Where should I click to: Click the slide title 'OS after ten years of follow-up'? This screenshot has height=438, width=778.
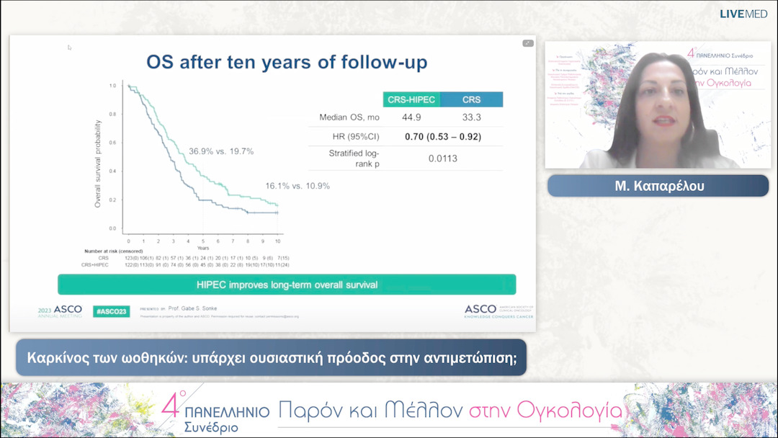click(287, 62)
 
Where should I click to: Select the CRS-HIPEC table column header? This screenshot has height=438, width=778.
click(411, 99)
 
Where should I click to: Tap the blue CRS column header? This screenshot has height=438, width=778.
click(471, 99)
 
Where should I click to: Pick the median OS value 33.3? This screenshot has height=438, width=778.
click(471, 117)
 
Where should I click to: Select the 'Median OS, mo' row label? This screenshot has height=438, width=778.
click(349, 117)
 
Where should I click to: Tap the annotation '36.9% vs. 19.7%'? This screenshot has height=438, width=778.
click(221, 151)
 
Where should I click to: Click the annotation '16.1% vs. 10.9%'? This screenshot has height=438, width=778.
click(298, 186)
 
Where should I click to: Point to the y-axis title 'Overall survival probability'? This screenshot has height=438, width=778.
click(98, 164)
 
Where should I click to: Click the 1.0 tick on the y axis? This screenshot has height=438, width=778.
click(112, 86)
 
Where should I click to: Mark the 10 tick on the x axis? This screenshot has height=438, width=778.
click(277, 240)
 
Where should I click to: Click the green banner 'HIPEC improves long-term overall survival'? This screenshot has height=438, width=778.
click(287, 285)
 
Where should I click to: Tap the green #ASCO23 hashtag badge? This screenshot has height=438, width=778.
click(111, 311)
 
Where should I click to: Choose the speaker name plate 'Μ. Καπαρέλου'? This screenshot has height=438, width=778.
click(658, 185)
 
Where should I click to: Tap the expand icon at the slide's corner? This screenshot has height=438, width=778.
click(528, 43)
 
